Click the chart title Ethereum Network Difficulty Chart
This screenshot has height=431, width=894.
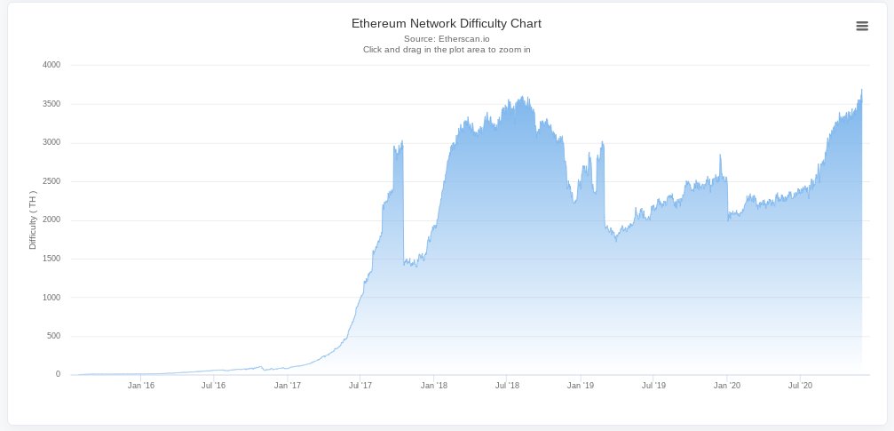click(446, 23)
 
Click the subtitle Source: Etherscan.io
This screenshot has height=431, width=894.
click(446, 39)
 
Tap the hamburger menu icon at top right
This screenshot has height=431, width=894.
click(861, 26)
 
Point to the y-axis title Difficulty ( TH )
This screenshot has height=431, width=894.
click(33, 219)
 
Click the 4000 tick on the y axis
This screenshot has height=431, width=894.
click(51, 65)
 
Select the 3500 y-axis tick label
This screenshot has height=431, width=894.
click(51, 104)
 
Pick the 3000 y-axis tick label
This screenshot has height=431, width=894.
click(51, 142)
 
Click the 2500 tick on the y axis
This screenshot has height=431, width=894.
click(51, 181)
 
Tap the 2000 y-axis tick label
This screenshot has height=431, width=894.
click(51, 219)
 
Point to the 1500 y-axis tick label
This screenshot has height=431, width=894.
click(51, 259)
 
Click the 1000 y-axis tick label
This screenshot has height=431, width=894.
click(51, 297)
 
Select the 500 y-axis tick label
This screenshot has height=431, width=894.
click(53, 336)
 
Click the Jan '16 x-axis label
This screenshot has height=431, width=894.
click(141, 386)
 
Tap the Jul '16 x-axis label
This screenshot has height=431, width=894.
click(213, 386)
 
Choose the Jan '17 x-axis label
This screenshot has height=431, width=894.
click(288, 386)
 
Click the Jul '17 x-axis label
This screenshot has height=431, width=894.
click(360, 386)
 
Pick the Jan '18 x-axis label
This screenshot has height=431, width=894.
click(434, 386)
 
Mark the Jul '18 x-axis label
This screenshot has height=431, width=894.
click(506, 386)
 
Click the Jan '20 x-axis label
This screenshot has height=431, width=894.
click(727, 386)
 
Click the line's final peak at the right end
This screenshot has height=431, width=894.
click(861, 89)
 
